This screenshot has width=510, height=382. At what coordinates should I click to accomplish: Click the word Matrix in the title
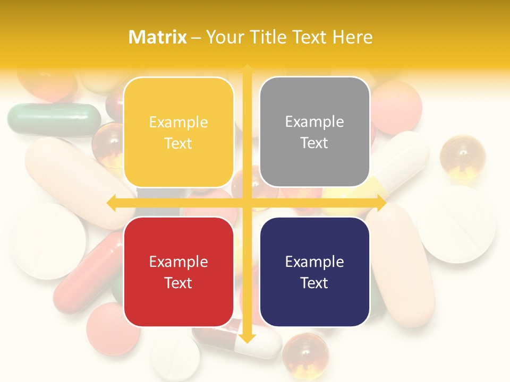(x=158, y=37)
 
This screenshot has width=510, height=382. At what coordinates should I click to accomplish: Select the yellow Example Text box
(x=178, y=132)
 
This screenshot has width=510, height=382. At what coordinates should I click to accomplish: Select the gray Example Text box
(x=314, y=132)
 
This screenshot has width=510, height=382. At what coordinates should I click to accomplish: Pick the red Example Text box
(x=178, y=272)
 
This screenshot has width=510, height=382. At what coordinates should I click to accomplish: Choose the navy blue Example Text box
(x=314, y=272)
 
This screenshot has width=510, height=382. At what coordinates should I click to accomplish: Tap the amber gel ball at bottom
(x=305, y=352)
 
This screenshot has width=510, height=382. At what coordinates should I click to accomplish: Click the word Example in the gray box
(x=314, y=122)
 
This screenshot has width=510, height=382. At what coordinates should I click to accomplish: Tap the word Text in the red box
(x=178, y=283)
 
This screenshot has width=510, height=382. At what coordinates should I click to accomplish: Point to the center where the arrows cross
(x=247, y=203)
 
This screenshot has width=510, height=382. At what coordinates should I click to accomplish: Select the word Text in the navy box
(x=314, y=283)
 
